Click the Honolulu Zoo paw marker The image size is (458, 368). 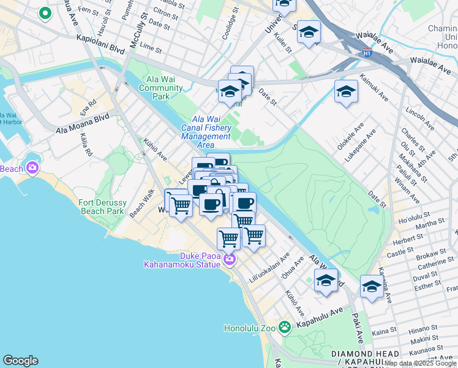click(284, 327)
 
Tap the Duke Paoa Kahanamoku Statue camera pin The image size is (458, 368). click(229, 259)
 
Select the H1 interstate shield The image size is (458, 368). click(367, 53)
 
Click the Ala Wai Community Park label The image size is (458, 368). click(161, 88)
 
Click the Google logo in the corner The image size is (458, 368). click(20, 361)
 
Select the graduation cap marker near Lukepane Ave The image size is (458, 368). click(346, 93)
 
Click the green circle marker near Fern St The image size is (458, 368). click(45, 13)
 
